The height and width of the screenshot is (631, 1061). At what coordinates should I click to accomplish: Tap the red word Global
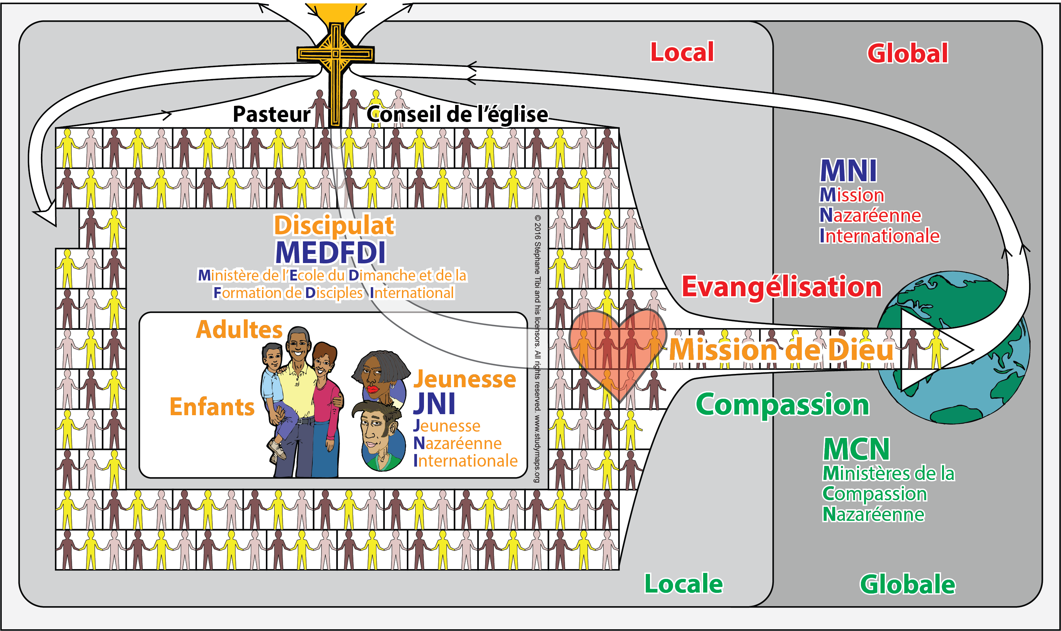tap(907, 53)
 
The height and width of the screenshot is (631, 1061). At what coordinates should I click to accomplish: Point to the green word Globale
tap(907, 584)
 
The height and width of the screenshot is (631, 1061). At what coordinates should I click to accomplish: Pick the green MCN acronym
tap(856, 449)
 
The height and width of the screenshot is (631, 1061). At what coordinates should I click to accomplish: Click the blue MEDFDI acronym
tap(331, 253)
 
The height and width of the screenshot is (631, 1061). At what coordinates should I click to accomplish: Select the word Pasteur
tap(271, 114)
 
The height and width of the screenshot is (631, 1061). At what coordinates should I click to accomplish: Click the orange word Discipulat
tap(334, 225)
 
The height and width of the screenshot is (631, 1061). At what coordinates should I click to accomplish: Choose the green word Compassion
tap(783, 405)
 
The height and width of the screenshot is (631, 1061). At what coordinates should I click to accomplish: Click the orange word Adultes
tap(239, 329)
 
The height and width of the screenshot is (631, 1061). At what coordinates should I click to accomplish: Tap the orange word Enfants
tap(212, 406)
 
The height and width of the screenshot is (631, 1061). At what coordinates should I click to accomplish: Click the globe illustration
tap(954, 347)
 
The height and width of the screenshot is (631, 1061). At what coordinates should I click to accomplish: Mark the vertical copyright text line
tap(538, 349)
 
